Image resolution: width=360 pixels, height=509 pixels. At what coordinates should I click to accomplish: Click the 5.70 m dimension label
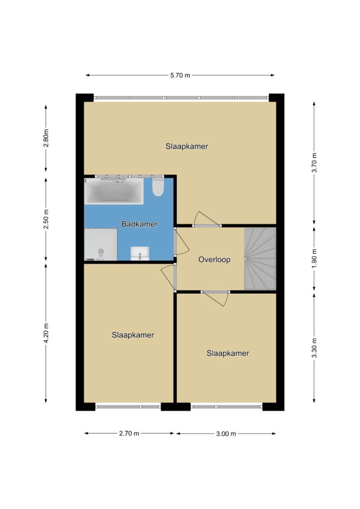pyautogui.click(x=180, y=76)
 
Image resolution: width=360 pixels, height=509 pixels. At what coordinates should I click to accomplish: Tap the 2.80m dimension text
pyautogui.click(x=46, y=138)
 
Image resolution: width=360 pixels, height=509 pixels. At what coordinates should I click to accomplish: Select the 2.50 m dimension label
pyautogui.click(x=46, y=219)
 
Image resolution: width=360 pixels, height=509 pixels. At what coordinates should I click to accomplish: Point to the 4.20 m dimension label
pyautogui.click(x=46, y=333)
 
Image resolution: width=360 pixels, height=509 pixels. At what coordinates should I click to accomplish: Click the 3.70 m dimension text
pyautogui.click(x=314, y=163)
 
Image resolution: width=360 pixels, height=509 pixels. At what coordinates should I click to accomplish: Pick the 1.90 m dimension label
pyautogui.click(x=314, y=258)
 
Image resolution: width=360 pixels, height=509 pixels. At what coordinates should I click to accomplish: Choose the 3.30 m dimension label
pyautogui.click(x=314, y=347)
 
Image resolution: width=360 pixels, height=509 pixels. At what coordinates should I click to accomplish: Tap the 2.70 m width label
pyautogui.click(x=129, y=433)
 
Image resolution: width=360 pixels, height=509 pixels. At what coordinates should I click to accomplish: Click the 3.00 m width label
pyautogui.click(x=226, y=433)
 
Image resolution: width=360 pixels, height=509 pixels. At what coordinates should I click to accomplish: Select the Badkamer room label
pyautogui.click(x=140, y=224)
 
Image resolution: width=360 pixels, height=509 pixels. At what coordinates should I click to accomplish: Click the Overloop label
pyautogui.click(x=214, y=259)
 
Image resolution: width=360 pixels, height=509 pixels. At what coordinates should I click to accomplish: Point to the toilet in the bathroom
pyautogui.click(x=158, y=187)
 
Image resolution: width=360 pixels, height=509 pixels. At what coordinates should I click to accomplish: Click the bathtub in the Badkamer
pyautogui.click(x=113, y=191)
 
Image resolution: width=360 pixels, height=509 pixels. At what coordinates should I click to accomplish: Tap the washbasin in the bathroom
pyautogui.click(x=140, y=254)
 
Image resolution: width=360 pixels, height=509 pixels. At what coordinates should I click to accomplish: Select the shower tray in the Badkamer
pyautogui.click(x=100, y=245)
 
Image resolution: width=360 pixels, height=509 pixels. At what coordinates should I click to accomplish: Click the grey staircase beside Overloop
pyautogui.click(x=260, y=258)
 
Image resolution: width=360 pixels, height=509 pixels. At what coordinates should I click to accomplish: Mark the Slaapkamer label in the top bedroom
pyautogui.click(x=186, y=147)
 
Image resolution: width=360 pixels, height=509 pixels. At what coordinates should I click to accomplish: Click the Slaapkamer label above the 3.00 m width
pyautogui.click(x=228, y=353)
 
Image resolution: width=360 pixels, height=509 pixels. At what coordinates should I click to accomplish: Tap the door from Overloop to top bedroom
pyautogui.click(x=207, y=219)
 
